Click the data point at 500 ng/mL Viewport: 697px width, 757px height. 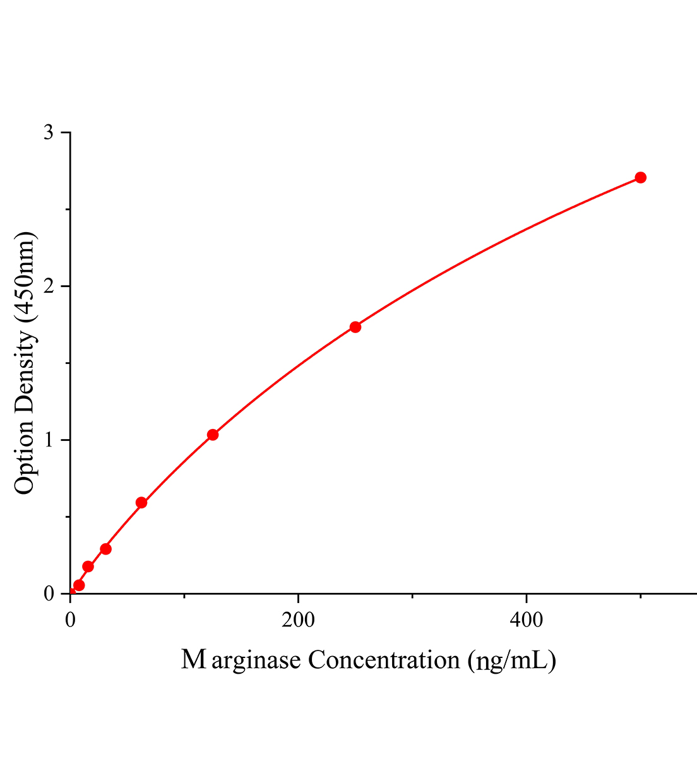pos(640,177)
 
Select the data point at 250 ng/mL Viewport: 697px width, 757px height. pos(355,327)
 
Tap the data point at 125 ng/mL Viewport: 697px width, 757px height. pos(213,435)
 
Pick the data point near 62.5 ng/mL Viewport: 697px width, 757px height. pos(141,503)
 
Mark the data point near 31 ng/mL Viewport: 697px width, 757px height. pos(106,549)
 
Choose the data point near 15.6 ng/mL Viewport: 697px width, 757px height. pos(88,566)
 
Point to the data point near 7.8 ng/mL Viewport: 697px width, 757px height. pos(79,585)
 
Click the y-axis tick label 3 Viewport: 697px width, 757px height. pos(48,132)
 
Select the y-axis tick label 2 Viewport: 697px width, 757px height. pos(48,286)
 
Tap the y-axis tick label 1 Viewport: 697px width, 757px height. pos(48,440)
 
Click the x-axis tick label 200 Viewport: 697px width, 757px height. pos(298,621)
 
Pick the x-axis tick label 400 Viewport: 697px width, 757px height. pos(526,621)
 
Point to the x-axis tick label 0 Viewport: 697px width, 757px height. pos(70,621)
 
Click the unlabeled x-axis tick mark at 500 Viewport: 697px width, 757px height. pos(640,596)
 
